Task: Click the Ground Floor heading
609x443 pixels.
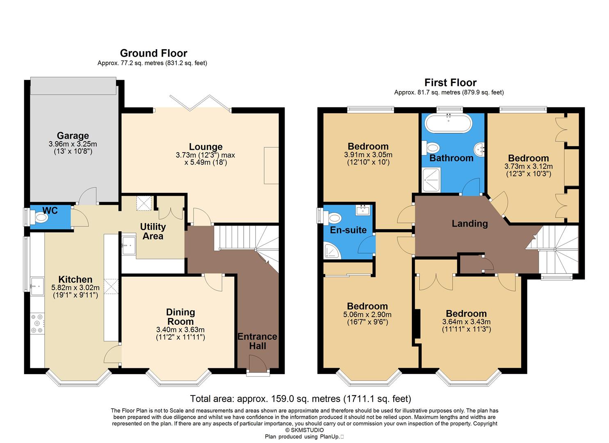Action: click(x=153, y=53)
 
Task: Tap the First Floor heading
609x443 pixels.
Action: click(x=450, y=82)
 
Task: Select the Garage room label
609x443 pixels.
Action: click(x=73, y=136)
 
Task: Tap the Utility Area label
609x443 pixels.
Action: click(x=153, y=231)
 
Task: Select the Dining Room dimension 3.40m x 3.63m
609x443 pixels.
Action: click(x=180, y=330)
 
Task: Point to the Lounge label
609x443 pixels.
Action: click(x=205, y=147)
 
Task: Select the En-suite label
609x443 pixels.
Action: click(x=348, y=230)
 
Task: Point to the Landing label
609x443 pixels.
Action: click(x=470, y=224)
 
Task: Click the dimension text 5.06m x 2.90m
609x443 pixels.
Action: click(x=367, y=315)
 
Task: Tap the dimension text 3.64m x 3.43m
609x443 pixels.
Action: click(x=466, y=322)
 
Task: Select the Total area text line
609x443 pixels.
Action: click(x=300, y=398)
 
